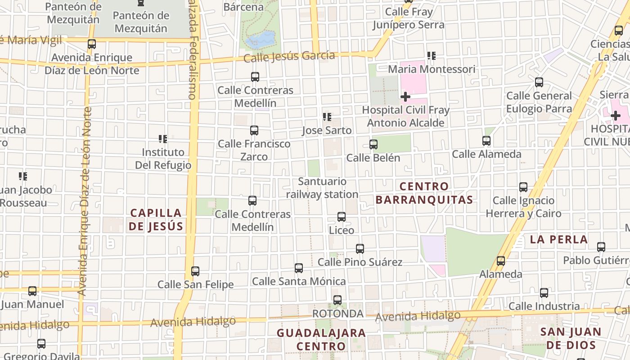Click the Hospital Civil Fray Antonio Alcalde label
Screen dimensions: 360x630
click(x=405, y=116)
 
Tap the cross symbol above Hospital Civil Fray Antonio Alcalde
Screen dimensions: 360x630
click(x=405, y=97)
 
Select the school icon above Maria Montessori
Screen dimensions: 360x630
click(x=432, y=56)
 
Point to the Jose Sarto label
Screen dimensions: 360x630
click(x=327, y=130)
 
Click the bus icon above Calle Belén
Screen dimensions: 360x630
click(x=373, y=144)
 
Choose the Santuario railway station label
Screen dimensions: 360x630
click(x=322, y=188)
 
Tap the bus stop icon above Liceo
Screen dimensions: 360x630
click(x=342, y=217)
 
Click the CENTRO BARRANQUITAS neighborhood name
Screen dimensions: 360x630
click(x=424, y=193)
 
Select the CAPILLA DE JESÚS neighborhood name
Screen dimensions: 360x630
click(x=156, y=220)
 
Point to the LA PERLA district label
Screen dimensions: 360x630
click(x=559, y=239)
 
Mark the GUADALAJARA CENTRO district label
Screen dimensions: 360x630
click(x=321, y=340)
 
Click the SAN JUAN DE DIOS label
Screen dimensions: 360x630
click(x=571, y=338)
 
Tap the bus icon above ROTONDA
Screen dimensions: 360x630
click(x=337, y=300)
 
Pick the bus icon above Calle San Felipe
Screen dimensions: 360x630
click(x=195, y=271)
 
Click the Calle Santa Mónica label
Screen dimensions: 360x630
click(x=299, y=282)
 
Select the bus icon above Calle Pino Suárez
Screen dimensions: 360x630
click(x=360, y=248)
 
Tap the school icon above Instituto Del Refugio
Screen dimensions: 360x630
click(x=163, y=139)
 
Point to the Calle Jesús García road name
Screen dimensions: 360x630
click(x=289, y=57)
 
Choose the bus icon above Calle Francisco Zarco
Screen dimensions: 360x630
click(x=254, y=130)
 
